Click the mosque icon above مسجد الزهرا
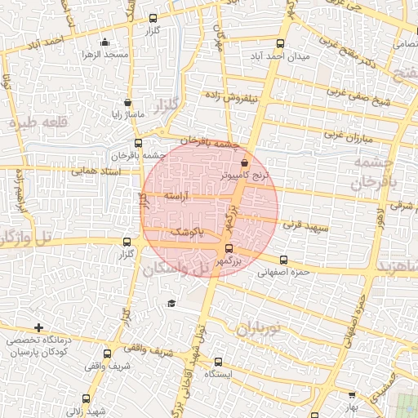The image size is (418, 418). pyautogui.click(x=104, y=42)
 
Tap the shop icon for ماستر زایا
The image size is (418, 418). pyautogui.click(x=127, y=103)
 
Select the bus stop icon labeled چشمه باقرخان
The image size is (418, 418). pyautogui.click(x=136, y=144)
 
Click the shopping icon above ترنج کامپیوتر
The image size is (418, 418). pyautogui.click(x=244, y=163)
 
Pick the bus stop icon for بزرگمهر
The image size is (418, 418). pyautogui.click(x=228, y=249)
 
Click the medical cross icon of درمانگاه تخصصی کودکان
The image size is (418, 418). pyautogui.click(x=38, y=327)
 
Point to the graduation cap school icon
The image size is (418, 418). pyautogui.click(x=171, y=304)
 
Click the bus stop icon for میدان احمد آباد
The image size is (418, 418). pyautogui.click(x=281, y=43)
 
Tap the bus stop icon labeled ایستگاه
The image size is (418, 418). pyautogui.click(x=218, y=362)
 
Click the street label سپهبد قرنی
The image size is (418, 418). pyautogui.click(x=305, y=223)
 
